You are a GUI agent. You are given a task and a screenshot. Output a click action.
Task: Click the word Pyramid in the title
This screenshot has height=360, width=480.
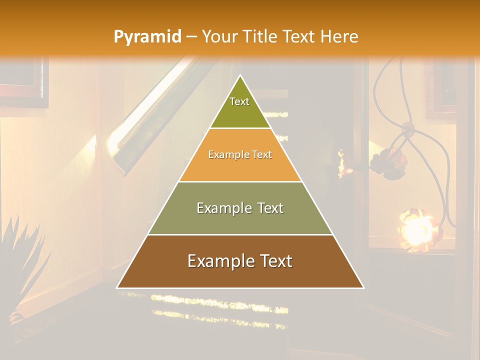click(x=147, y=37)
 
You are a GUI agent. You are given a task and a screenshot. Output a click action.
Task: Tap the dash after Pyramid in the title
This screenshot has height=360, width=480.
click(x=191, y=37)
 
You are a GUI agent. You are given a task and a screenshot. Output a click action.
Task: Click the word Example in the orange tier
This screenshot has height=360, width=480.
click(x=225, y=155)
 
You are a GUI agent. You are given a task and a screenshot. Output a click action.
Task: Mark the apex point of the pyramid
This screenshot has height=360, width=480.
click(x=240, y=76)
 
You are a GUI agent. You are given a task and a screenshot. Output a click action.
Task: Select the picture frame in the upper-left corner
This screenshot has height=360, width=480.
click(x=22, y=80)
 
